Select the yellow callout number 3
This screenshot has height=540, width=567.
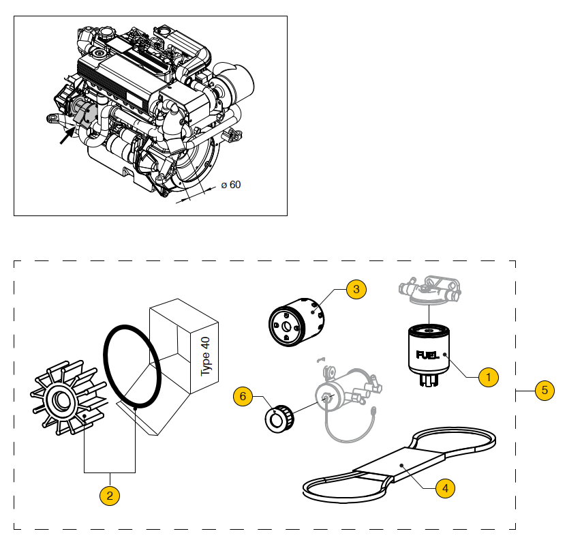[x=356, y=290]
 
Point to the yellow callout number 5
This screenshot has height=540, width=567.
[x=544, y=391]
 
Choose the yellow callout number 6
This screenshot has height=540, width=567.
[x=243, y=395]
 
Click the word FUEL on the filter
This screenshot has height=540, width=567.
[x=426, y=355]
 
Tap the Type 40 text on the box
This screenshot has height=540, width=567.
[x=206, y=355]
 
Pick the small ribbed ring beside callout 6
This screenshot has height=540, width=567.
[x=279, y=417]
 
